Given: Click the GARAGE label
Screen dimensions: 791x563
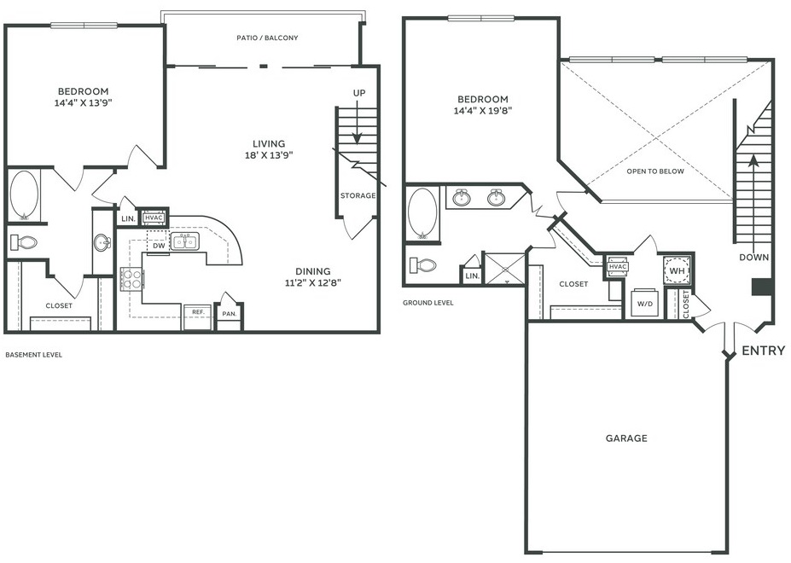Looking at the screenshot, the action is [626, 438].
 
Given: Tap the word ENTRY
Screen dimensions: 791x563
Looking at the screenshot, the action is [763, 350].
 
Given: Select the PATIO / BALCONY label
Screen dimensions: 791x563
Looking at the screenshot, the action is [267, 38].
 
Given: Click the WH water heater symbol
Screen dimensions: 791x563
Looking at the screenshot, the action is [677, 270].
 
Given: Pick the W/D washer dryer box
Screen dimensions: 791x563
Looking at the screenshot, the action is [645, 302].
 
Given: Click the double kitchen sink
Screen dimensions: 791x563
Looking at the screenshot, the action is [184, 241].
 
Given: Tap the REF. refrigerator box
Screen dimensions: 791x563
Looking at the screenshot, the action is [197, 316].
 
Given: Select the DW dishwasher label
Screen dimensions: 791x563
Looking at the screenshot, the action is [159, 246].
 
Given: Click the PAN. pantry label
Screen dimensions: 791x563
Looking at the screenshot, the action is [229, 314].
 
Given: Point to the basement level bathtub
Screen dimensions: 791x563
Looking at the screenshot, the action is [24, 195].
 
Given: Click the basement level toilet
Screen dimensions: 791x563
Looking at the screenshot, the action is [24, 242].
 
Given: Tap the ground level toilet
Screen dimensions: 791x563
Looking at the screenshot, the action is [423, 264].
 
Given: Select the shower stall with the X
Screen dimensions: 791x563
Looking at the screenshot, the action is [505, 269].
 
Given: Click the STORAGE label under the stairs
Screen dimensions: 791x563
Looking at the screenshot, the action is [358, 195].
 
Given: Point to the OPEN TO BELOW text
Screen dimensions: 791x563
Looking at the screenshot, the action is [655, 171].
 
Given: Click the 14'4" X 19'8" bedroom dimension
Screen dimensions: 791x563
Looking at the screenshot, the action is [483, 111].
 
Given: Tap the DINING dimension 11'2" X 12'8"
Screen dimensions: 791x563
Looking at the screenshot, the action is [313, 283].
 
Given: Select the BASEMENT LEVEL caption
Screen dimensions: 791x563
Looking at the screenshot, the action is [34, 355].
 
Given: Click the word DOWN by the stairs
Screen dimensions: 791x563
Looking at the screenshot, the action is [754, 258].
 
